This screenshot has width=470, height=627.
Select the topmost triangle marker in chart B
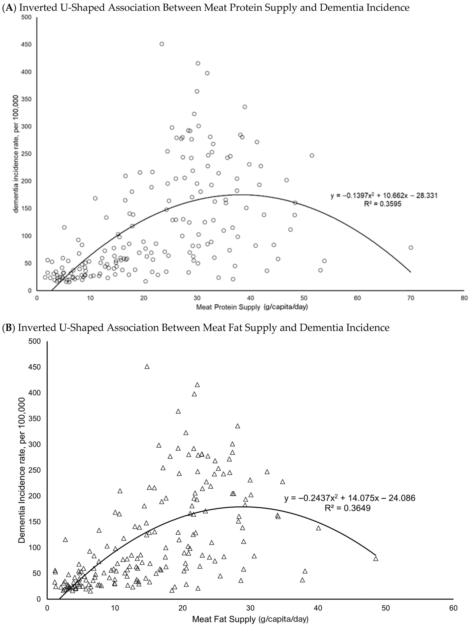tap(147, 367)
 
